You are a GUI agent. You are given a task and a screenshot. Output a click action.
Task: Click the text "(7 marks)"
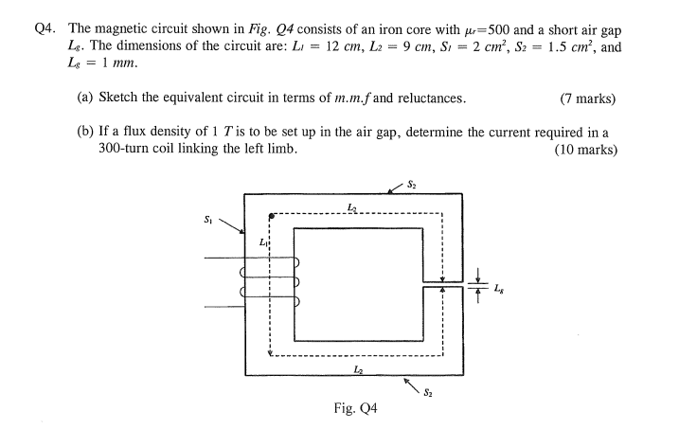(588, 99)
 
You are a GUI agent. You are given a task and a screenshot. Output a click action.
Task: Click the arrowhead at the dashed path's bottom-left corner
(273, 355)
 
